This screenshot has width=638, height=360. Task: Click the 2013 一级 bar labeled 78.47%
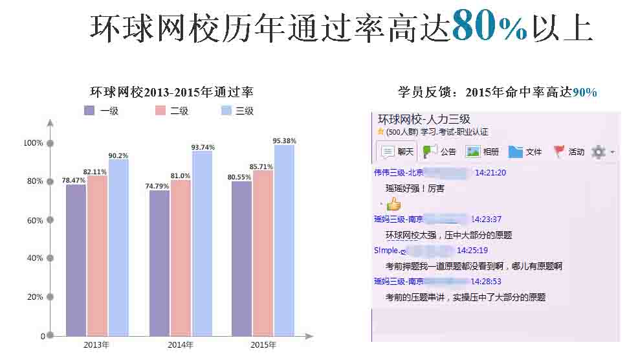pos(76,260)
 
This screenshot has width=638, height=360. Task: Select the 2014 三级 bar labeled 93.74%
pos(203,243)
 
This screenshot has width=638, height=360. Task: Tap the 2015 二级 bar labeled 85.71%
pos(263,253)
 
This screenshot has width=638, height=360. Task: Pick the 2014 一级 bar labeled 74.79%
pos(159,263)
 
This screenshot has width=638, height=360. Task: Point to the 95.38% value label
pos(285,141)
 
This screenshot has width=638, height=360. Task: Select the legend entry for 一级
pos(102,111)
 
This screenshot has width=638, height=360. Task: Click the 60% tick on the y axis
pos(50,220)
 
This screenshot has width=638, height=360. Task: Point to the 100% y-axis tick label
pos(33,143)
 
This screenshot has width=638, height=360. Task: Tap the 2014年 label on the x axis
pos(181,344)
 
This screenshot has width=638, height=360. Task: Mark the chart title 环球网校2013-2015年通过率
pos(171,92)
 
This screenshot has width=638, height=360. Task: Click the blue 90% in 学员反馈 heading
pos(585,93)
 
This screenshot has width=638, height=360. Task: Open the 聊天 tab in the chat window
pos(397,152)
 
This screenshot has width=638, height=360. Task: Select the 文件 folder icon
pos(516,152)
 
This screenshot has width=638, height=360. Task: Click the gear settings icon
pos(599,152)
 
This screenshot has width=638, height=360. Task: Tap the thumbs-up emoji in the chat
pos(393,205)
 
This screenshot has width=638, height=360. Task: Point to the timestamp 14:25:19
pos(472,251)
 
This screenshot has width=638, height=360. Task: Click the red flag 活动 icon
pos(560,152)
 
